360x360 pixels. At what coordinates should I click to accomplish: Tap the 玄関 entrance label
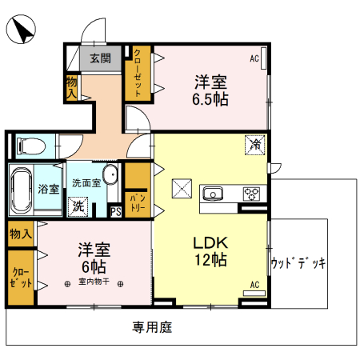[x=101, y=58]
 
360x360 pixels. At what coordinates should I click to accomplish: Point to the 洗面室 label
[x=86, y=182]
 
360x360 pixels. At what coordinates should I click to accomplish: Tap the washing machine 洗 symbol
[x=79, y=205]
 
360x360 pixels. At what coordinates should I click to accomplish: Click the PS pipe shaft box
[x=116, y=212]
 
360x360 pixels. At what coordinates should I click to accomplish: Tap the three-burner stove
[x=253, y=193]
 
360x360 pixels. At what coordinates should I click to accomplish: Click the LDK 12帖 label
[x=210, y=251]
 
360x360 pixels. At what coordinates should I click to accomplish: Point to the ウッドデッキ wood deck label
[x=298, y=263]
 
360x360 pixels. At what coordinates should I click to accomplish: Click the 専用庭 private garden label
[x=152, y=326]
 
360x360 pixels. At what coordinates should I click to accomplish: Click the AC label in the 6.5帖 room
[x=254, y=58]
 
